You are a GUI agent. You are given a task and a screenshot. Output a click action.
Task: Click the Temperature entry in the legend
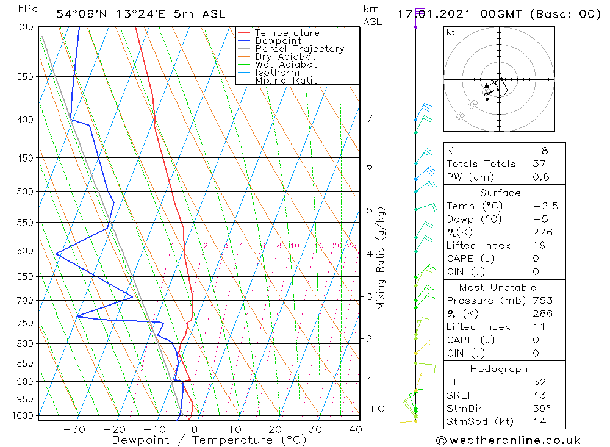(x=287, y=33)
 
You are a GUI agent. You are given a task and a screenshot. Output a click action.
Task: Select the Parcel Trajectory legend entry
(x=300, y=49)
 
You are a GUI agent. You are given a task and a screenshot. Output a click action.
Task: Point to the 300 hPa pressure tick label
(x=25, y=27)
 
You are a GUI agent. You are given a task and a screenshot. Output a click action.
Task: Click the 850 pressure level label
(x=25, y=363)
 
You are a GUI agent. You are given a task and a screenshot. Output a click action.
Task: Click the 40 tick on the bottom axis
(x=355, y=429)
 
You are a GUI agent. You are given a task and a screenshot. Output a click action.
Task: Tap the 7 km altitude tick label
(x=369, y=118)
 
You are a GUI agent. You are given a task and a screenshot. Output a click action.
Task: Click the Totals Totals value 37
(x=539, y=164)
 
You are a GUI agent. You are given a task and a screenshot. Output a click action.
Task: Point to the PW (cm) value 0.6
(x=540, y=177)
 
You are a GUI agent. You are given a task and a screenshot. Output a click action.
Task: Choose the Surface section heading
(x=500, y=193)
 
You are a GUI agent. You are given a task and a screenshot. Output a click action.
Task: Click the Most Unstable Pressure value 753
(x=542, y=301)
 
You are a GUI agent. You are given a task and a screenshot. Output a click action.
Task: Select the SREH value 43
(x=539, y=396)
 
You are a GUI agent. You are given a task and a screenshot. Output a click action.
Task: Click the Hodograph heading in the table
(x=499, y=370)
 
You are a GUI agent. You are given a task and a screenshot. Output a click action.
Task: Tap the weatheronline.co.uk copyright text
(x=508, y=440)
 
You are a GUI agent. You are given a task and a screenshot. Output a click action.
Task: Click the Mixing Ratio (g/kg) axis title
(x=381, y=258)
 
